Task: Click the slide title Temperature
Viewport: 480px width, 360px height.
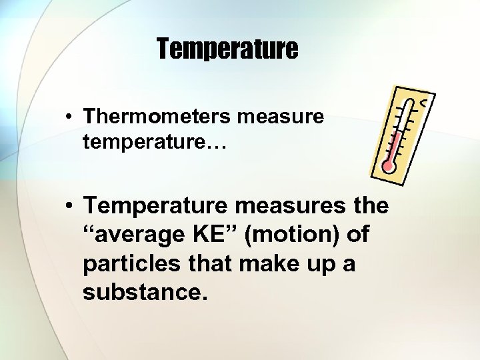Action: point(227,49)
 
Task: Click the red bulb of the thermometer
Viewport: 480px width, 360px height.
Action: point(388,167)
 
